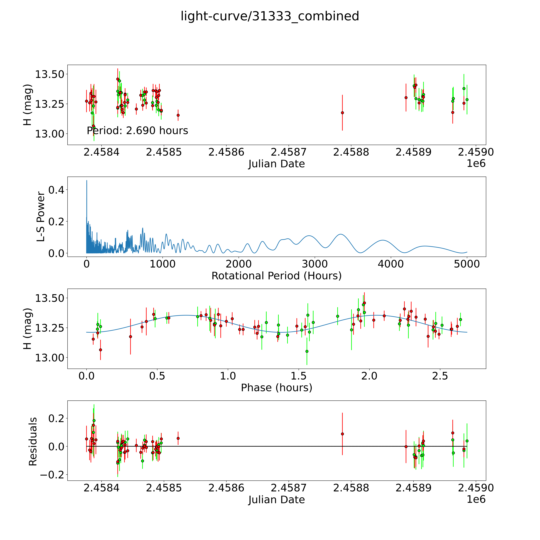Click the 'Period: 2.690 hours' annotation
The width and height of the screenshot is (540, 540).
pos(137,130)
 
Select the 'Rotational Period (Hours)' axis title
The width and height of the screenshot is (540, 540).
pos(276,276)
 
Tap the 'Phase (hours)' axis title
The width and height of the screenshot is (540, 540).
pos(276,388)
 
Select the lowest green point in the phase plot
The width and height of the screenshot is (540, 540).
pos(307,351)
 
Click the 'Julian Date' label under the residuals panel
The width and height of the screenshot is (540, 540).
pos(276,499)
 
